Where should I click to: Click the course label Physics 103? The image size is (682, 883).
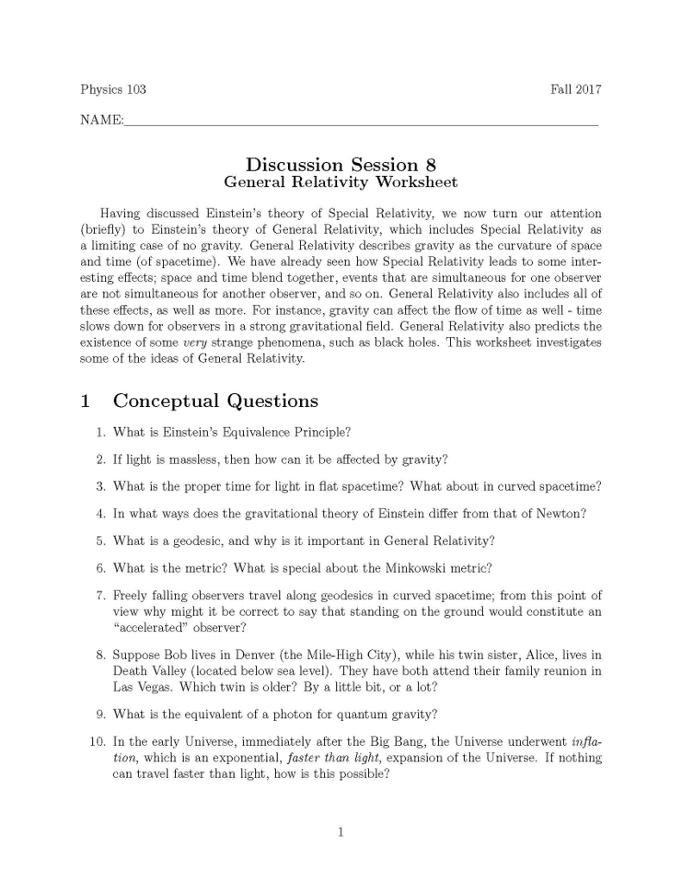[113, 90]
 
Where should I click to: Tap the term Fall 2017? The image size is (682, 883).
[575, 90]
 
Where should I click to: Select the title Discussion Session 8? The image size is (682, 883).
[341, 164]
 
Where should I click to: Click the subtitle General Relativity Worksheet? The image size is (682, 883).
[341, 182]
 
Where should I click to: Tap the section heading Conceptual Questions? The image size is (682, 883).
[216, 401]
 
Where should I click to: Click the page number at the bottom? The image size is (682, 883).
[341, 832]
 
